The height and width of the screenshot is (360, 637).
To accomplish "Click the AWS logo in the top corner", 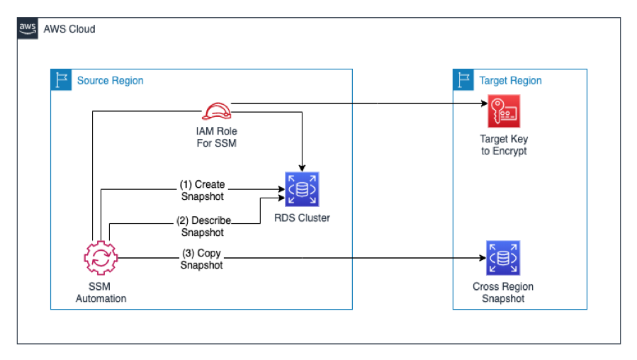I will pos(28,28).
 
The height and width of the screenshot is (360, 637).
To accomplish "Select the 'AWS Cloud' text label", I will pos(69,29).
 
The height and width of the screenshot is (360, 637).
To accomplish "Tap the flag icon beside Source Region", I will pos(61,79).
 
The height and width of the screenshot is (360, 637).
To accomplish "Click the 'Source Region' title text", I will pos(110,81).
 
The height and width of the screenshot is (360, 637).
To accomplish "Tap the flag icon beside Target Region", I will pos(463,79).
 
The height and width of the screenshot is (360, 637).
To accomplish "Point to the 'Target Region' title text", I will pos(510,81).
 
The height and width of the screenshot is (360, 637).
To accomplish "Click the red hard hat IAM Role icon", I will pos(216,111).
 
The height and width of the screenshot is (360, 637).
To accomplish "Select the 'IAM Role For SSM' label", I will pos(216,137).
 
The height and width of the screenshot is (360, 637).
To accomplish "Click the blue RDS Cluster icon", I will pos(302,190).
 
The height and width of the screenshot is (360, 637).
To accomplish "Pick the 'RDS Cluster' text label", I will pos(302,218).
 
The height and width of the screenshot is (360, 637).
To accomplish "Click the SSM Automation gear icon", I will pos(101,258).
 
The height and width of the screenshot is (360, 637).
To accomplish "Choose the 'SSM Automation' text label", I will pos(101,293).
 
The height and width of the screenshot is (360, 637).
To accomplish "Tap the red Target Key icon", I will pos(504,111).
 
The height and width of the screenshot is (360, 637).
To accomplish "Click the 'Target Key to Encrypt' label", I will pos(504,145).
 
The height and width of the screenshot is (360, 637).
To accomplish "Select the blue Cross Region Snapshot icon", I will pos(504,258).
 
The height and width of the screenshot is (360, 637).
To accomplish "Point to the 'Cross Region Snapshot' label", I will pos(503,293).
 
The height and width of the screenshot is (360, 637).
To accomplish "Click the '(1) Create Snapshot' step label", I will pos(201,190).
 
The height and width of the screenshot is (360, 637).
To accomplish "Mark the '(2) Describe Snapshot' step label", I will pos(202,227).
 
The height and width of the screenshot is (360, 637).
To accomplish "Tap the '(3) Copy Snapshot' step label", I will pos(201,259).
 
